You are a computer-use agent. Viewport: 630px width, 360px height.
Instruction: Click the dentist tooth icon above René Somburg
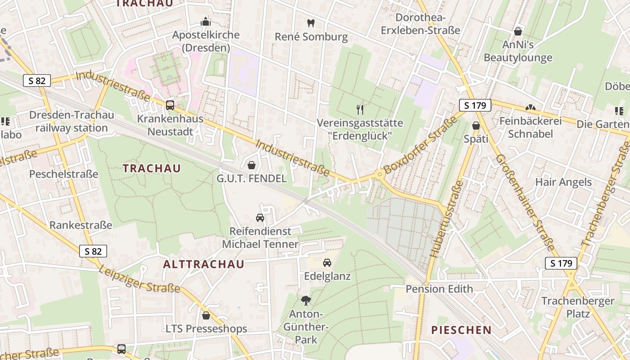click(x=310, y=22)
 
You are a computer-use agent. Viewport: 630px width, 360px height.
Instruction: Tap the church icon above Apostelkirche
click(x=206, y=22)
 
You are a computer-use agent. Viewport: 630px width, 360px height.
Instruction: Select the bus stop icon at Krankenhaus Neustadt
click(x=170, y=105)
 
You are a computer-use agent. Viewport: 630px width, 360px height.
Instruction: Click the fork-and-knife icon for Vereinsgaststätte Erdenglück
click(x=360, y=109)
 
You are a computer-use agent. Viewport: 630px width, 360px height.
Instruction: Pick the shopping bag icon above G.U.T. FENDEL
click(x=252, y=165)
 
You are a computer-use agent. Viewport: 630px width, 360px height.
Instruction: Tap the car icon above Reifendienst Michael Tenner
click(x=260, y=218)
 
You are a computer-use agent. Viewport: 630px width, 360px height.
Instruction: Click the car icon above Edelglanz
click(x=327, y=262)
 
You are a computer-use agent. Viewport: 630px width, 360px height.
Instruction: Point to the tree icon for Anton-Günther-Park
click(x=306, y=300)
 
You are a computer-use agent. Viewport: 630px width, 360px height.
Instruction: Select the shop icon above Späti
click(x=476, y=126)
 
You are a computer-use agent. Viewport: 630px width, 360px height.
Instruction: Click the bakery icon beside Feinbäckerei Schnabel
click(x=531, y=108)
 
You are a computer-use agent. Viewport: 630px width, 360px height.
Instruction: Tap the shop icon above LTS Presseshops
click(x=206, y=315)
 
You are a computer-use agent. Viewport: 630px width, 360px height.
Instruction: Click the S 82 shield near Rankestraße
click(x=93, y=251)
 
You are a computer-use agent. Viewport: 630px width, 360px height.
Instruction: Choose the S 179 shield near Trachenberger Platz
click(x=561, y=263)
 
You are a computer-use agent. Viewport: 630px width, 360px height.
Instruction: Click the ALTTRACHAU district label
click(x=203, y=264)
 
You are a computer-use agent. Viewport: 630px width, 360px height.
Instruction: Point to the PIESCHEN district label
click(x=461, y=330)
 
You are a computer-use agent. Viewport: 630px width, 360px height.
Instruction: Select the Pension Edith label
click(x=439, y=289)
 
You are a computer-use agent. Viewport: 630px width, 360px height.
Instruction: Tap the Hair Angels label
click(x=563, y=182)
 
